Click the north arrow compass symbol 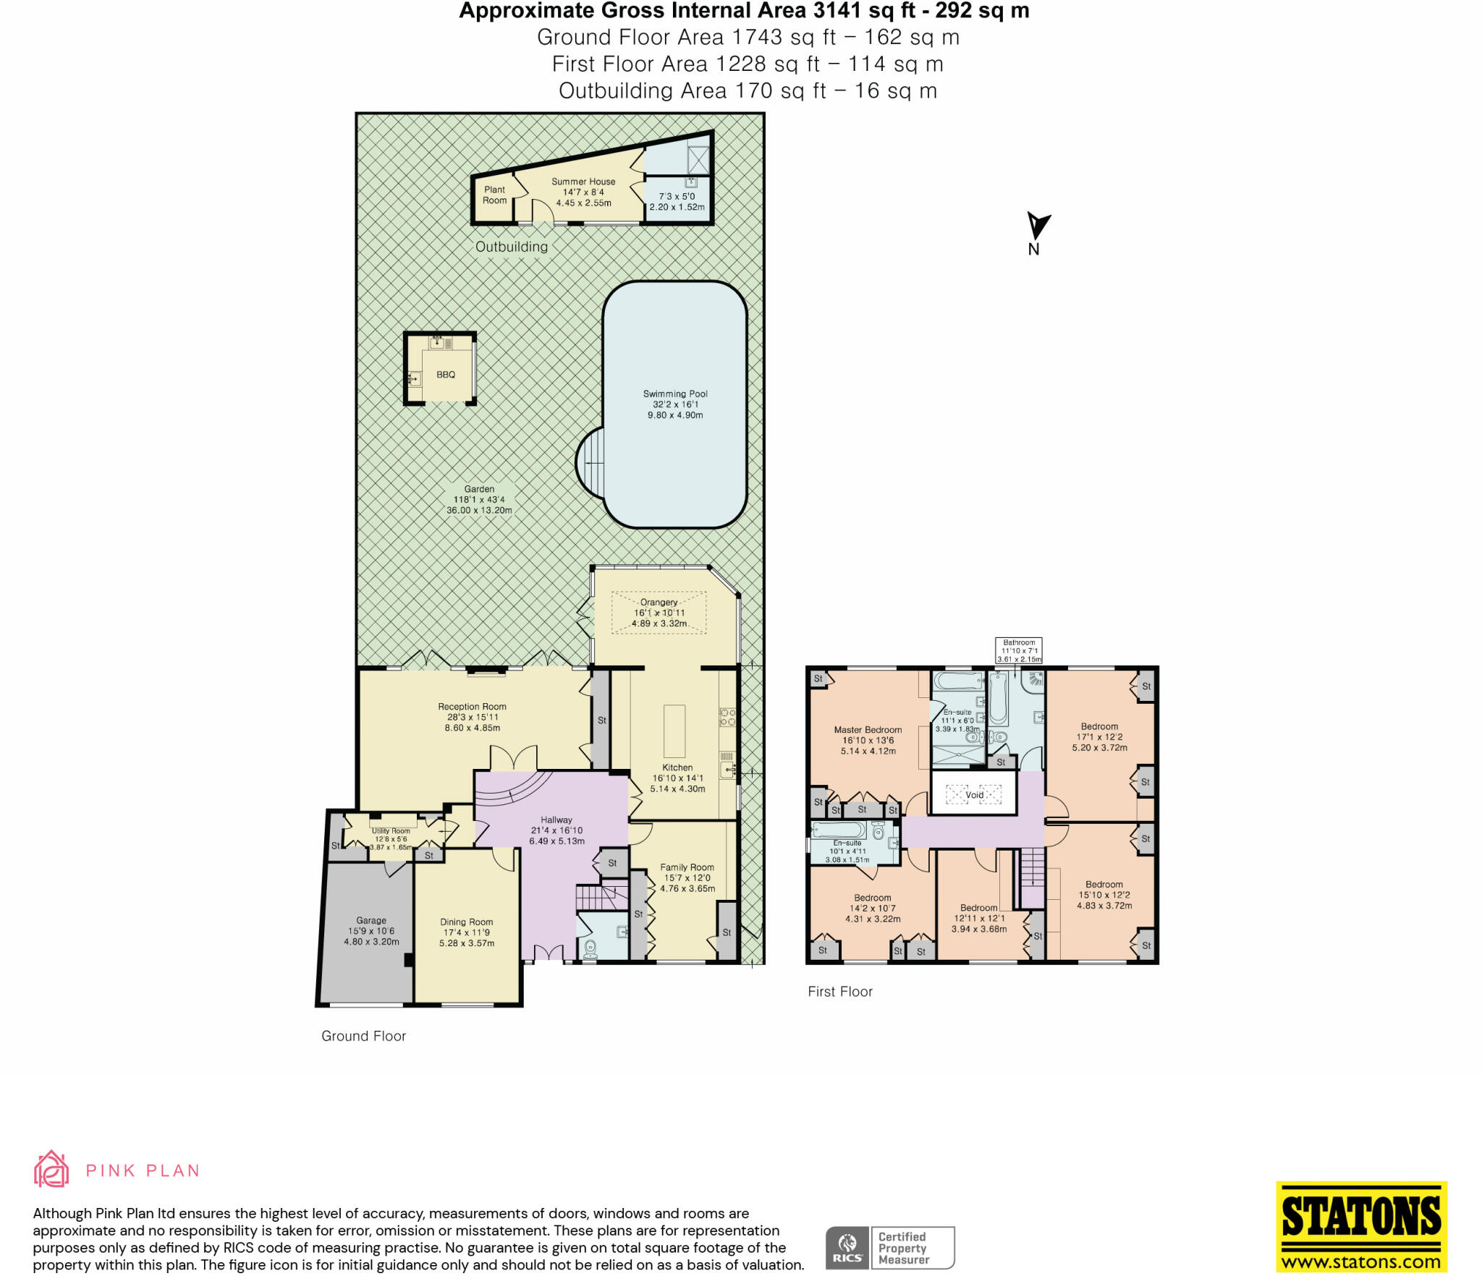(1037, 226)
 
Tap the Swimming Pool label (675, 394)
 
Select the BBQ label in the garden (446, 375)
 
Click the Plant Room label (495, 195)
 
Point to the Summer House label (583, 182)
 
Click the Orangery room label (659, 602)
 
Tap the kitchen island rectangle (674, 731)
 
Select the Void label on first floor (974, 795)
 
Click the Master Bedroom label (868, 730)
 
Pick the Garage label (371, 920)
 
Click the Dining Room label (466, 922)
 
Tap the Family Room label (687, 867)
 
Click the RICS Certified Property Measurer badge (890, 1248)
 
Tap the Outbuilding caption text (512, 247)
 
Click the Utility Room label (391, 831)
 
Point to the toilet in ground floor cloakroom (590, 948)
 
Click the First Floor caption (840, 992)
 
